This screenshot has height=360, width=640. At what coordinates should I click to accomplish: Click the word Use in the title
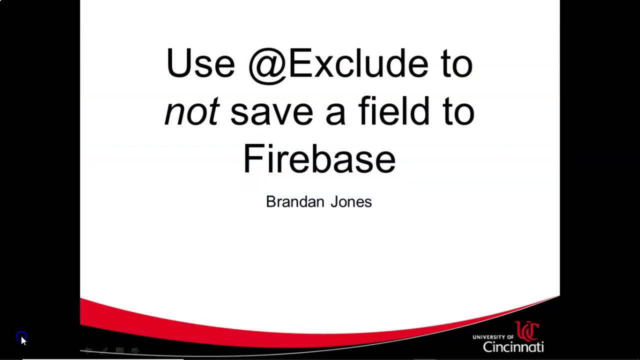[x=200, y=63]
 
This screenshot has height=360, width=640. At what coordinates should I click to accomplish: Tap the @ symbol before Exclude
[x=266, y=65]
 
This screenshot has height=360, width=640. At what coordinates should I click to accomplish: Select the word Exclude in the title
[x=358, y=63]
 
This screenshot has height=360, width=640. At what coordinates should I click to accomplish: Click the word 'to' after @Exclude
[x=456, y=63]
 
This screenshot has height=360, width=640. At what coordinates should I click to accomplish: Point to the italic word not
[x=191, y=111]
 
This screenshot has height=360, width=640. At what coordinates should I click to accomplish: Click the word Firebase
[x=319, y=158]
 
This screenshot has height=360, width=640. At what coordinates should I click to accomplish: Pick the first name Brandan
[x=294, y=201]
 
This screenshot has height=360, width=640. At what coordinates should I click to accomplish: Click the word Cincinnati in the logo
[x=513, y=346]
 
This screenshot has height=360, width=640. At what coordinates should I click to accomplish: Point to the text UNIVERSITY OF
[x=492, y=337]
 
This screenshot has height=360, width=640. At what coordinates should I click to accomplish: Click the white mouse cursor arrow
[x=23, y=340]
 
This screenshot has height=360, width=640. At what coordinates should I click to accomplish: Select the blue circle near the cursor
[x=20, y=336]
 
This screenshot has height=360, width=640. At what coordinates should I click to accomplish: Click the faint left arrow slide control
[x=88, y=351]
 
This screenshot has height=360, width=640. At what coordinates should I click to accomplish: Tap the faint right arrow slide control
[x=135, y=351]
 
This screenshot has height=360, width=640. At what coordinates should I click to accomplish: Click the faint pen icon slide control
[x=104, y=351]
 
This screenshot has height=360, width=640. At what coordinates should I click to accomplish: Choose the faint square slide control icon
[x=119, y=351]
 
